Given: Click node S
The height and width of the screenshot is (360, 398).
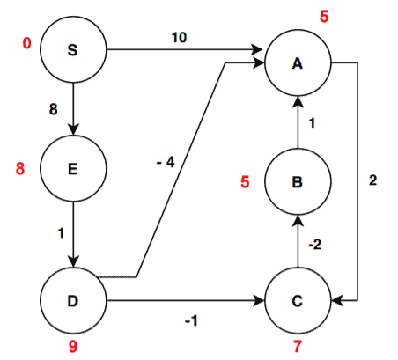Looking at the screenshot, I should pyautogui.click(x=71, y=49).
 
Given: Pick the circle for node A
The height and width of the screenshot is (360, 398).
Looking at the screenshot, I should pyautogui.click(x=298, y=63).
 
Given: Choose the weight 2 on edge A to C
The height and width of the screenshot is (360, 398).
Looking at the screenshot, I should pyautogui.click(x=372, y=180).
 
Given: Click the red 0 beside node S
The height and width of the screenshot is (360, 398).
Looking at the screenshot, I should pyautogui.click(x=27, y=42).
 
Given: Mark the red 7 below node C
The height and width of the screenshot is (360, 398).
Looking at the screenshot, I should pyautogui.click(x=298, y=347).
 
